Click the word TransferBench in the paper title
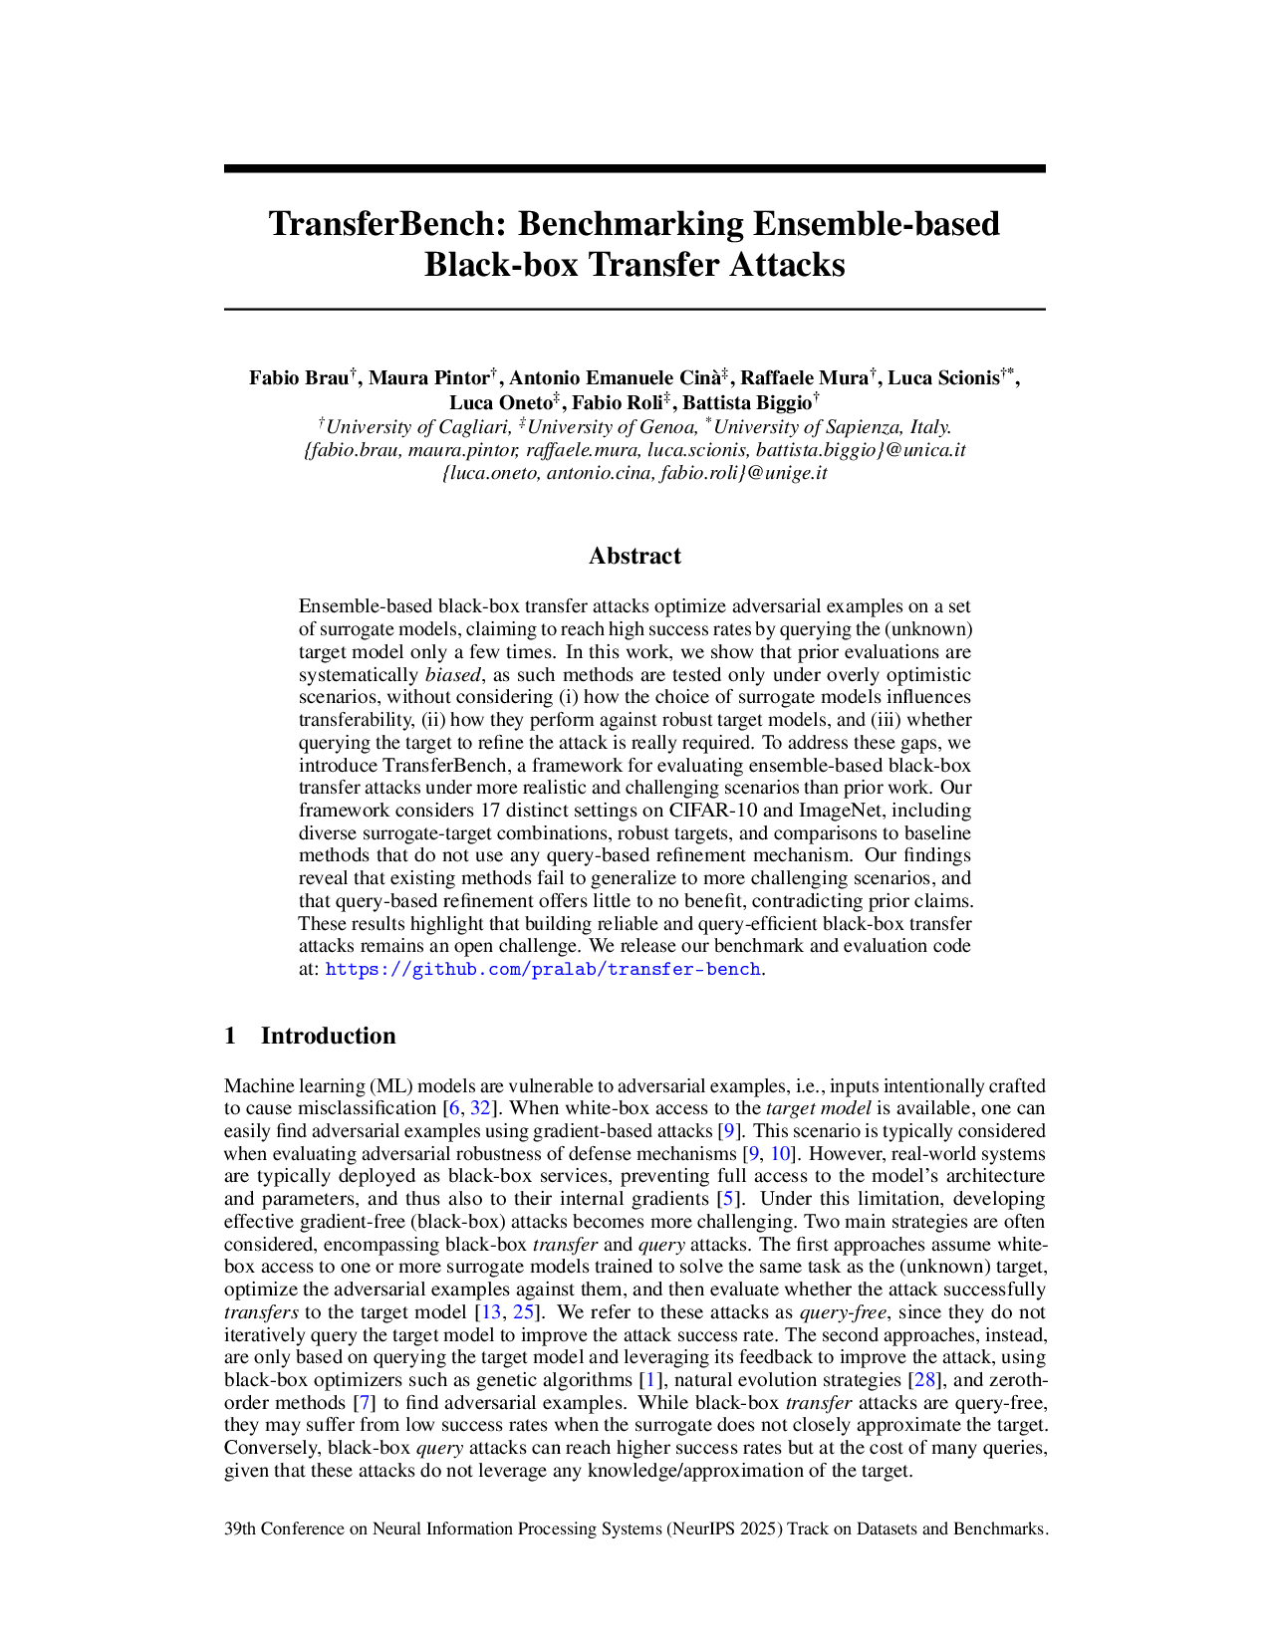tap(387, 224)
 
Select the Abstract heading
tap(635, 556)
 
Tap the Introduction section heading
tap(328, 1036)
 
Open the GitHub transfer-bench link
tap(543, 969)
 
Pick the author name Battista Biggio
tap(746, 402)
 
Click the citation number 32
tap(480, 1108)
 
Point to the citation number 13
tap(491, 1312)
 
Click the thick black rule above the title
tap(635, 169)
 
